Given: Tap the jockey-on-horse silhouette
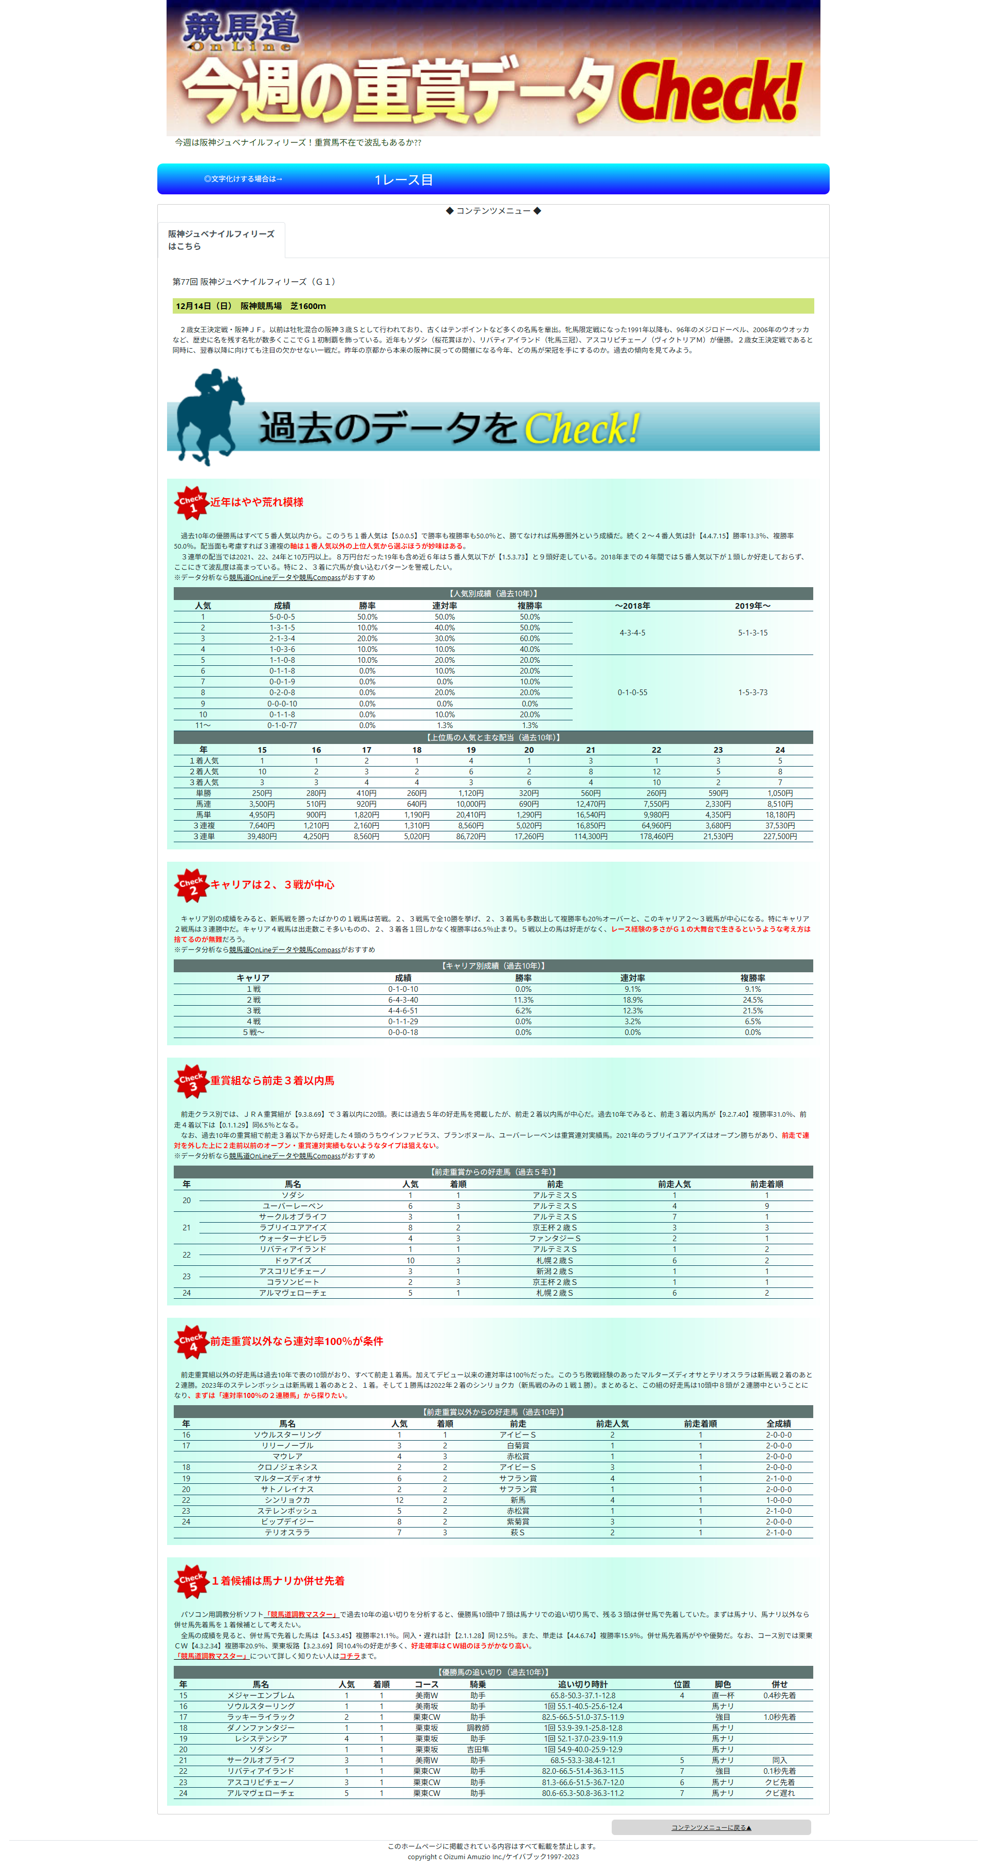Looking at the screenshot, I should tap(208, 415).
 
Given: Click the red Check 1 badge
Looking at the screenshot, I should tap(191, 503).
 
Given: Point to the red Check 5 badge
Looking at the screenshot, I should tap(192, 1581).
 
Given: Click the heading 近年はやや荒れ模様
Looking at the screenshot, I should tap(257, 503).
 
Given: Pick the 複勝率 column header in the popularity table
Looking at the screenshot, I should tap(529, 606).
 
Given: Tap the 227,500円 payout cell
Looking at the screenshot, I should tap(779, 837).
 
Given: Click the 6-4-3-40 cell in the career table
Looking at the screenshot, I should tap(403, 1000).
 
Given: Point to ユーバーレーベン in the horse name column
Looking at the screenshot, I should tap(293, 1206).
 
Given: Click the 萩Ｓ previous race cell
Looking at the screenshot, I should tap(517, 1533).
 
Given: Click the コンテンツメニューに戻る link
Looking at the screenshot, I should tap(710, 1827).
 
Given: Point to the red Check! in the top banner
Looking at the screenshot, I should tap(710, 91).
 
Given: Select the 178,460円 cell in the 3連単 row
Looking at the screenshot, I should tap(656, 837).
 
